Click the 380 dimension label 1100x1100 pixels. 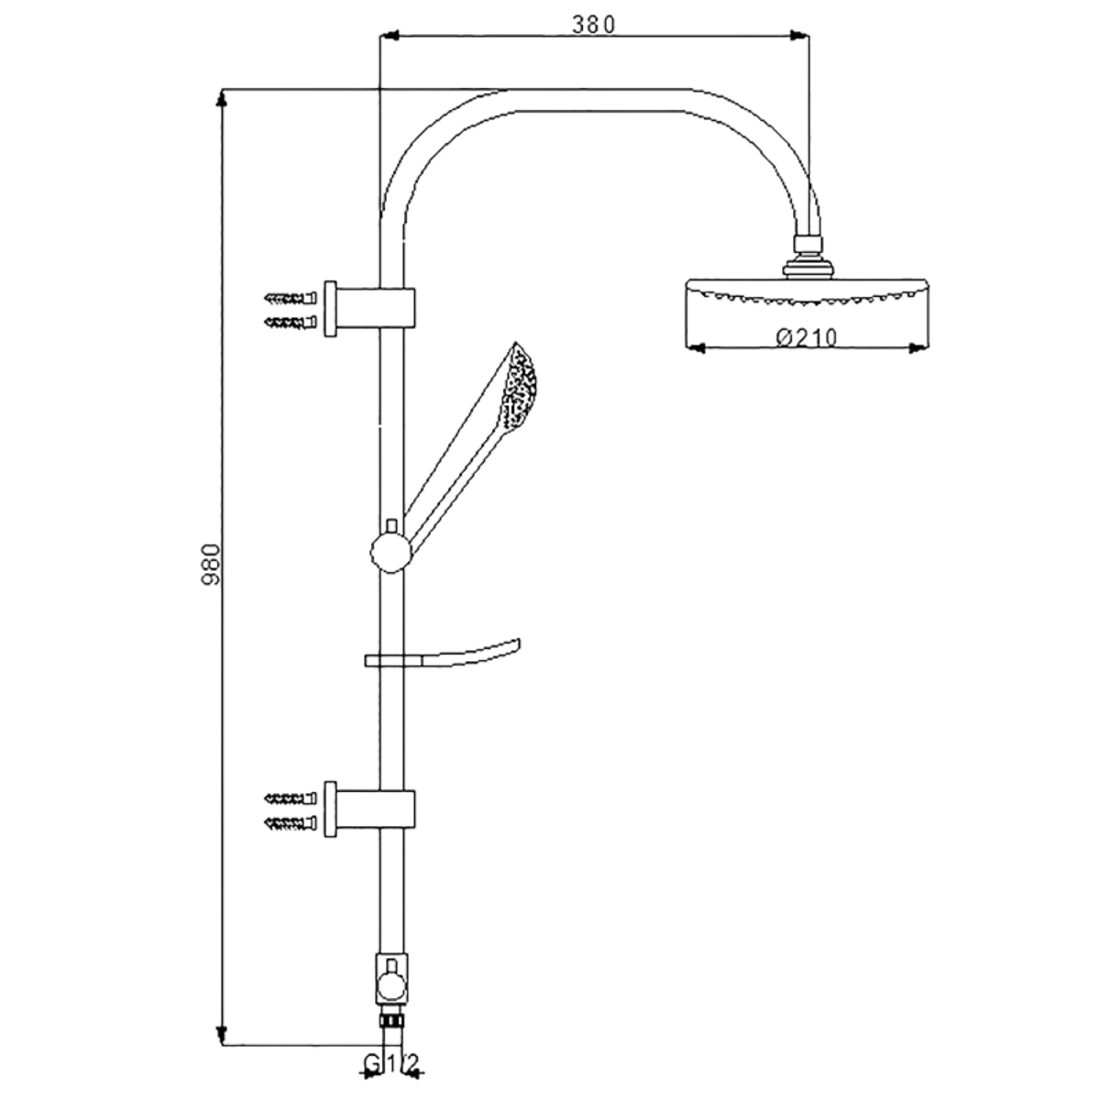tap(594, 25)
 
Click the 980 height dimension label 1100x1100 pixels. tap(211, 565)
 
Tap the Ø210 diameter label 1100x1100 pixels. tap(807, 338)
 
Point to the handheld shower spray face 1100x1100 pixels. tap(520, 387)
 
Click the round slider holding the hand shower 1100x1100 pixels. tap(391, 553)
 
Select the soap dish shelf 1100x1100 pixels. tap(443, 654)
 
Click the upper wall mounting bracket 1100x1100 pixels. tap(369, 308)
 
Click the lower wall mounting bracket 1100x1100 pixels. tap(369, 808)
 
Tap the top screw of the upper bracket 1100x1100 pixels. tap(290, 298)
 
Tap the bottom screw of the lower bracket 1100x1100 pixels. tap(290, 823)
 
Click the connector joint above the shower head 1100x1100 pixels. tap(808, 257)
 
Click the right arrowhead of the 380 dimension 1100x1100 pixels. tap(798, 36)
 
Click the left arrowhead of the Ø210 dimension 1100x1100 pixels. tap(695, 347)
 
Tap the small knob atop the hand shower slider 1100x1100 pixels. tap(391, 526)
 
